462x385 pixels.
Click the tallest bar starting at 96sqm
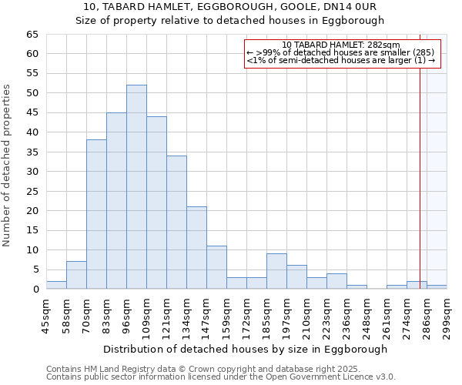click(136, 187)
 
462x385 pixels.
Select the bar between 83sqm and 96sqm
click(116, 201)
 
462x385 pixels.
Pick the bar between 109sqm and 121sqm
click(156, 203)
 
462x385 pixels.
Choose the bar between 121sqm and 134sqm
click(176, 223)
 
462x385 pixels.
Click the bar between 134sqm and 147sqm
click(196, 248)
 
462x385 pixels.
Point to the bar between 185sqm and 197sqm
click(276, 272)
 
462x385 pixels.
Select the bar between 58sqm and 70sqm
click(76, 276)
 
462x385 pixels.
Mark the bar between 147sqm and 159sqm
click(216, 268)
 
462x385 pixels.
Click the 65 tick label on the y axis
click(32, 35)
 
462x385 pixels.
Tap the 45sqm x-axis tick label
click(46, 315)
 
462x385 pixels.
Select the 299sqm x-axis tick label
click(447, 315)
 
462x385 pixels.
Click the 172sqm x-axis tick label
click(246, 315)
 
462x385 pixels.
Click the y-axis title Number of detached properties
click(8, 166)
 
